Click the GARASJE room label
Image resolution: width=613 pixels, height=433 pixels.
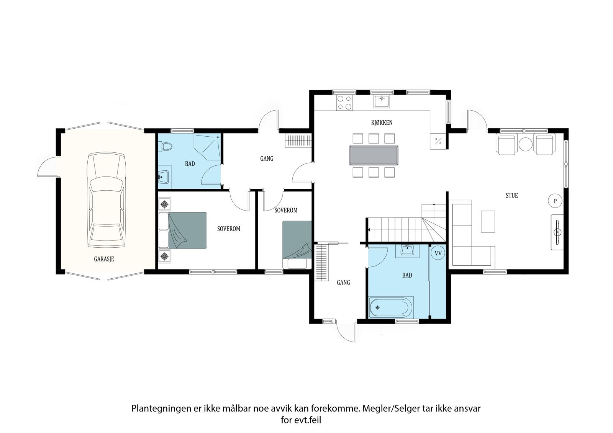coord(104,259)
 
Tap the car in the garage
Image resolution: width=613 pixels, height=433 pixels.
coord(106,200)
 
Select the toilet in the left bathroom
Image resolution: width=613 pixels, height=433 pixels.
coord(165,146)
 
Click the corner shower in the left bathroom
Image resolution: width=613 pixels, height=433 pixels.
coord(207,147)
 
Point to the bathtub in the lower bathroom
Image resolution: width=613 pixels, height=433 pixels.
coord(390,307)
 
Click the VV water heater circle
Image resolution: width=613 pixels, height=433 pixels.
coord(438,253)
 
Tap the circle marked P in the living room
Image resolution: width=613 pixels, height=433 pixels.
coord(555,201)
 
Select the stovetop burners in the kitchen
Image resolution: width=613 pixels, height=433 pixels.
coord(344,103)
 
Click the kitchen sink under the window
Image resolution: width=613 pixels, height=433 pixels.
coord(382,101)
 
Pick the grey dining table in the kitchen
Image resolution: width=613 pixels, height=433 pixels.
coord(374,155)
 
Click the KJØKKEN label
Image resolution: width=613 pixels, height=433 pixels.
coord(382,123)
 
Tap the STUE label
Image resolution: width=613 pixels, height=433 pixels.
coord(512,195)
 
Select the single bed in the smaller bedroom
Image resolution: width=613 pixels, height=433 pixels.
coord(297,245)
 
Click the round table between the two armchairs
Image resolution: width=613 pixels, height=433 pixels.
coord(525,144)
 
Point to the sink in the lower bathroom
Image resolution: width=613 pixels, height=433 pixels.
coord(408,250)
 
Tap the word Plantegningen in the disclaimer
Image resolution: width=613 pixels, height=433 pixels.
coord(161,408)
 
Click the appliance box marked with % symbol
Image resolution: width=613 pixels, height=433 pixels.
coord(438,141)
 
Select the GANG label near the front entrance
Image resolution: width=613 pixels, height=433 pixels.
coord(343,282)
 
